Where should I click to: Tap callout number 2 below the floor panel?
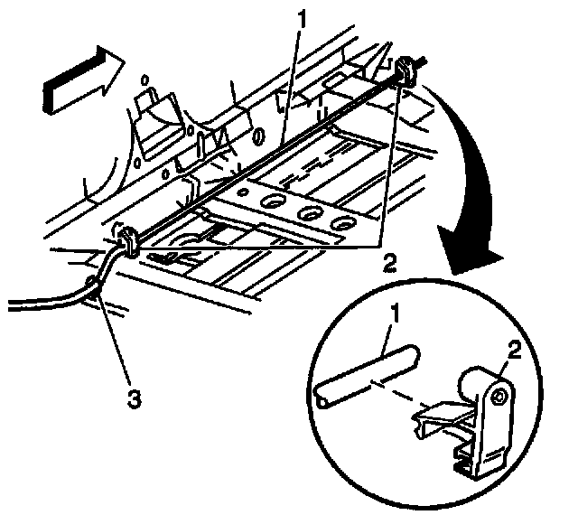pos(389,263)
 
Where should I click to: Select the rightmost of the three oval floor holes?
pos(341,222)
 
